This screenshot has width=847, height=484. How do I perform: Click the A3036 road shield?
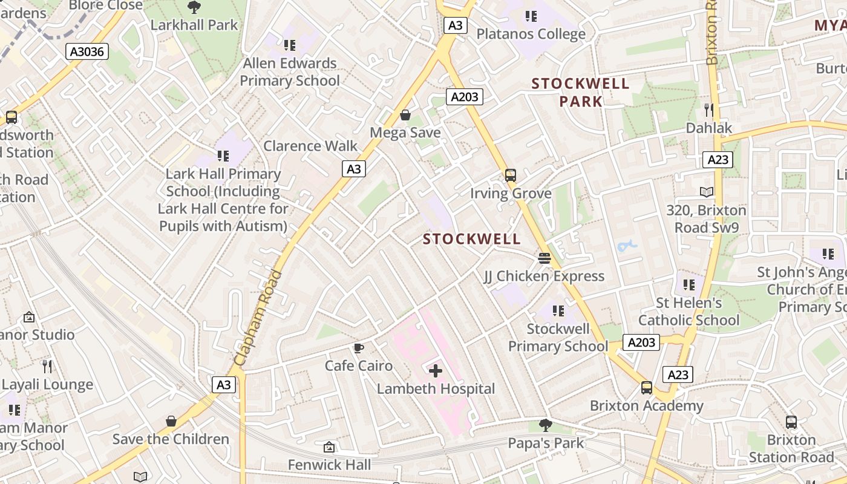click(x=87, y=51)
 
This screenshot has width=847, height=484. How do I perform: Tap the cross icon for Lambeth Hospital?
click(x=435, y=370)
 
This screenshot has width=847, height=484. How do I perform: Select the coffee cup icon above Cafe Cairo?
click(x=358, y=348)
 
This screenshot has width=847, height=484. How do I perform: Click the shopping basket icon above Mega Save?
click(x=405, y=115)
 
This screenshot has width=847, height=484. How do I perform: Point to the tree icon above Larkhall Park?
click(x=194, y=7)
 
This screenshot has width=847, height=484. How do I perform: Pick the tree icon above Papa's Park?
click(x=546, y=425)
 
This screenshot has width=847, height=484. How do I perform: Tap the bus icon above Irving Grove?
click(x=511, y=175)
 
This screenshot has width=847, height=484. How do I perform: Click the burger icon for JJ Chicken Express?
click(x=544, y=258)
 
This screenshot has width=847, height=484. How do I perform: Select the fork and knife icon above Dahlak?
click(x=709, y=110)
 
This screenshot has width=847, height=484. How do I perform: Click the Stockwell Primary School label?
click(x=558, y=338)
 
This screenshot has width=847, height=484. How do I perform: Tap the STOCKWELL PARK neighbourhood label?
click(x=580, y=92)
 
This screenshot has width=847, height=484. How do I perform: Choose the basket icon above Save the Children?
click(x=171, y=421)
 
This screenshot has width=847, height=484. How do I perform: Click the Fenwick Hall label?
click(x=329, y=465)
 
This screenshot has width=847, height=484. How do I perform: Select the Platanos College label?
click(x=531, y=34)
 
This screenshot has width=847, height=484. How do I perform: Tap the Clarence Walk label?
click(x=310, y=146)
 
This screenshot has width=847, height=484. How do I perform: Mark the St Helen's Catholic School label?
click(x=688, y=311)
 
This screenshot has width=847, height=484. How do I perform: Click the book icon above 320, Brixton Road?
click(x=707, y=192)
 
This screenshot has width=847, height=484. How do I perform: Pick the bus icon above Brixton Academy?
click(x=647, y=388)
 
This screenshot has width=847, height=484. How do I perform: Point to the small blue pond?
click(x=627, y=246)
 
